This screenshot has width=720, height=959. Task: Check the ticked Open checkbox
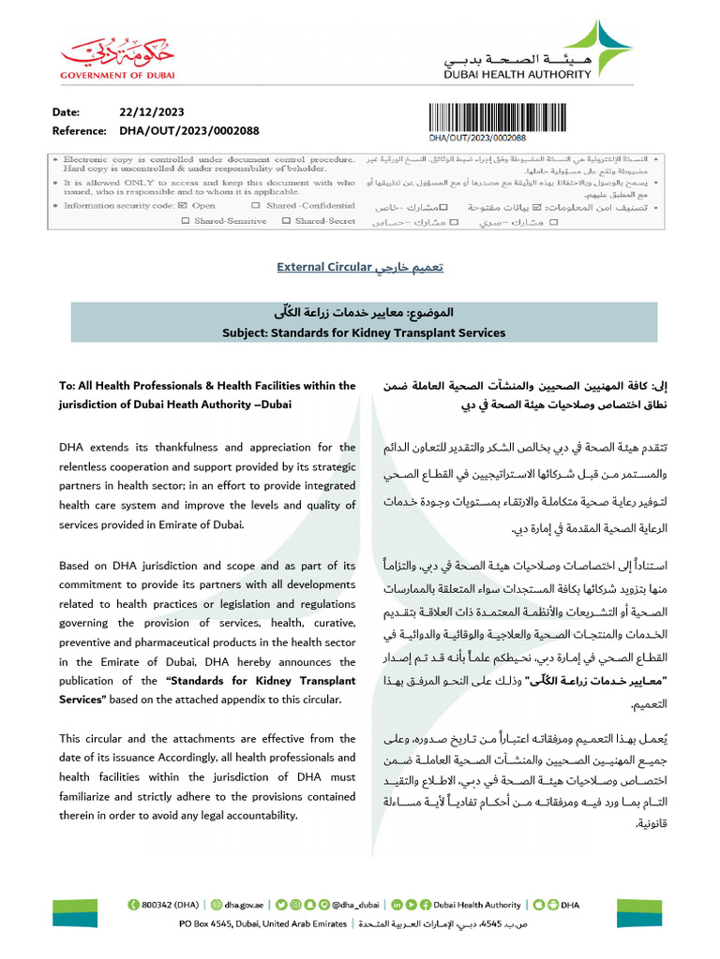coord(182,205)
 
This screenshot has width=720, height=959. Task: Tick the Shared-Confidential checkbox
coord(256,205)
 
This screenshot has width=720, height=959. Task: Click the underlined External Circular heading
coord(324,268)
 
